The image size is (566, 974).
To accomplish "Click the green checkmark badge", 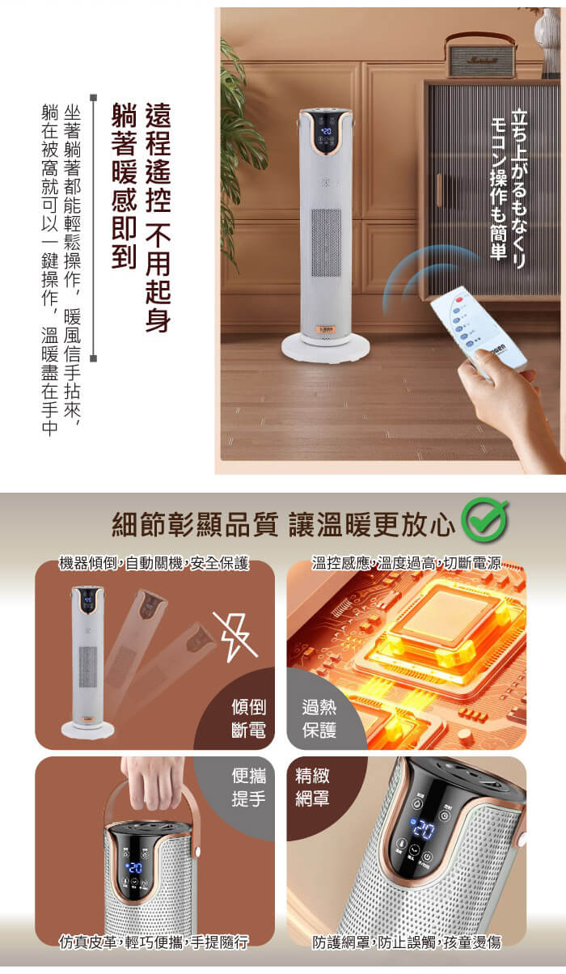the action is (484, 519).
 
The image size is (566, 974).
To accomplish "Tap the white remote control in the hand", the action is (478, 329).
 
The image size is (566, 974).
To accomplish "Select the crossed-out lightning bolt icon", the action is (235, 637).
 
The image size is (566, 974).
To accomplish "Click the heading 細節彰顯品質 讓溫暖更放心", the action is (283, 524).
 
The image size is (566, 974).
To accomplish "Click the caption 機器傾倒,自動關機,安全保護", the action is (154, 563).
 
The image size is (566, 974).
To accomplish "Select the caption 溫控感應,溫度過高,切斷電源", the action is (407, 563).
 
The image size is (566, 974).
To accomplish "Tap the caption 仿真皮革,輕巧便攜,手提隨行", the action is (154, 942).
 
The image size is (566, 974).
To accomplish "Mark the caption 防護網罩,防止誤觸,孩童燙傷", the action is (407, 942).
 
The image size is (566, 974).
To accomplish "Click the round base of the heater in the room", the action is (326, 349).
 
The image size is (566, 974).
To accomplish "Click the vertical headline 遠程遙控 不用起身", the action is (158, 218).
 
